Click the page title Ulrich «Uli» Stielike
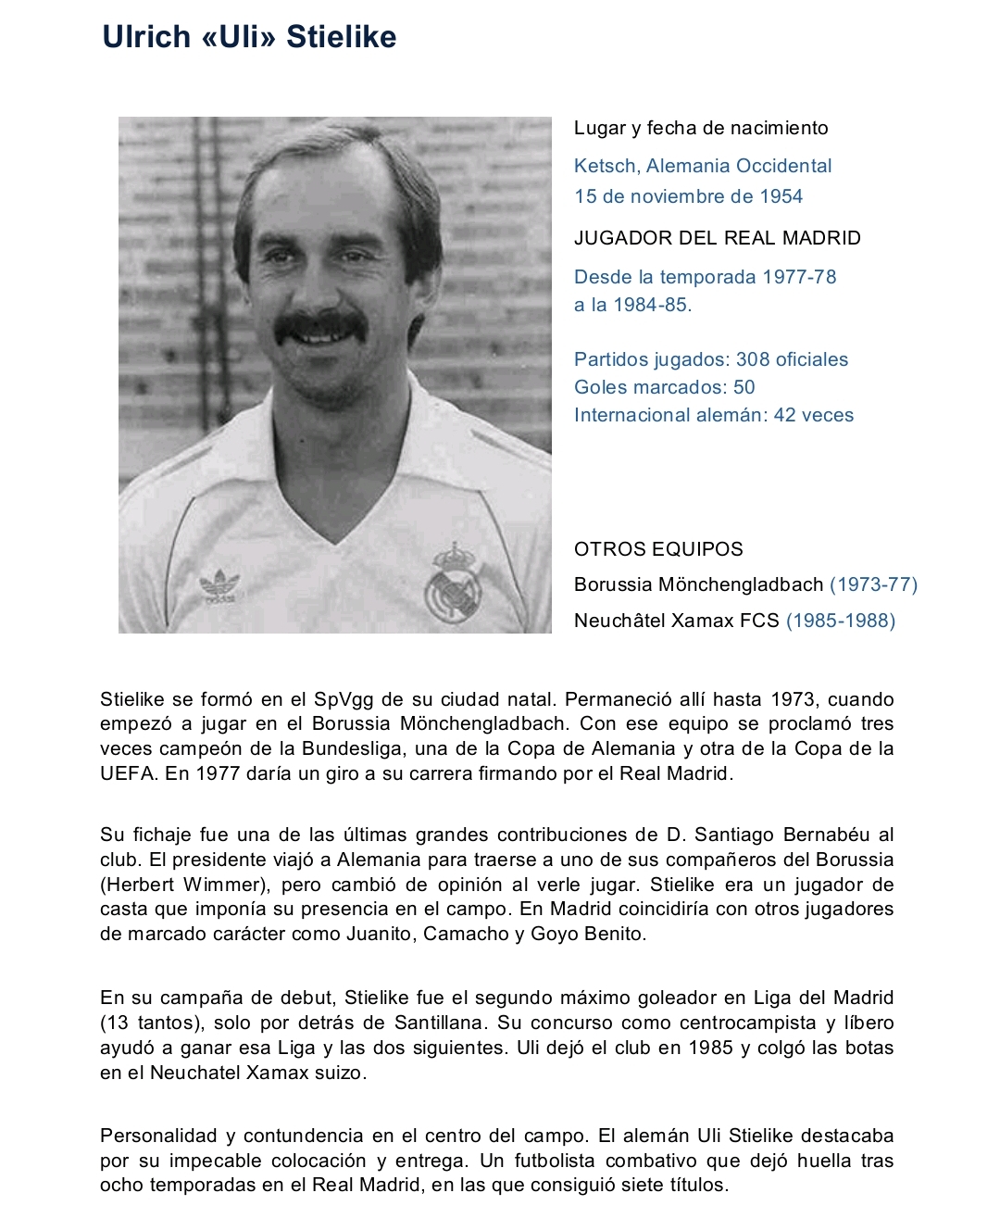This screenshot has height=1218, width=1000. pyautogui.click(x=249, y=37)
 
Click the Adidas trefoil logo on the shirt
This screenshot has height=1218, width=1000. pyautogui.click(x=219, y=586)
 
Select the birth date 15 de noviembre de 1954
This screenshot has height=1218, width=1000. pyautogui.click(x=688, y=196)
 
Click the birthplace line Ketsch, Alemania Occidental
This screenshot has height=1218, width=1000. pyautogui.click(x=703, y=166)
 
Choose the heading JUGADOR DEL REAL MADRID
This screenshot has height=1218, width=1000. pyautogui.click(x=717, y=238)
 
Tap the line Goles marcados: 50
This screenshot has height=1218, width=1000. pyautogui.click(x=664, y=387)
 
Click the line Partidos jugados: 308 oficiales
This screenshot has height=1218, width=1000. pyautogui.click(x=710, y=359)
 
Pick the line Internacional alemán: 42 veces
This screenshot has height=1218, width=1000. pyautogui.click(x=713, y=415)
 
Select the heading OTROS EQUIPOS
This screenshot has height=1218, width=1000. pyautogui.click(x=658, y=549)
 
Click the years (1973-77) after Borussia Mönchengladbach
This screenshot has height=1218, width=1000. pyautogui.click(x=873, y=584)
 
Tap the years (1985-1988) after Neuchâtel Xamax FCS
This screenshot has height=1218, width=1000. pyautogui.click(x=840, y=621)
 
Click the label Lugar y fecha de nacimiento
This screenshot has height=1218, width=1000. pyautogui.click(x=701, y=128)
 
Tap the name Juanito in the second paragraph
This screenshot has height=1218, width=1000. pyautogui.click(x=378, y=934)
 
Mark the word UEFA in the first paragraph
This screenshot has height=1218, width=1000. pyautogui.click(x=128, y=773)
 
